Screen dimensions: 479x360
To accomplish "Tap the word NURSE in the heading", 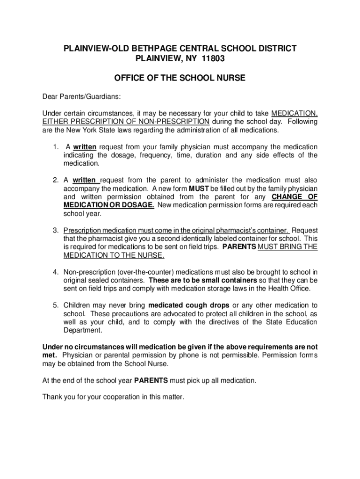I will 227,78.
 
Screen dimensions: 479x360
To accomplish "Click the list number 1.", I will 55,147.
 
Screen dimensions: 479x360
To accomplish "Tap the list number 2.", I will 55,180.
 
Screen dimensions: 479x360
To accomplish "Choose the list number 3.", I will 55,231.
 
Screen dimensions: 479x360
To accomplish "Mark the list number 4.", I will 55,272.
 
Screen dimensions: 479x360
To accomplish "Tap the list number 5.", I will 55,305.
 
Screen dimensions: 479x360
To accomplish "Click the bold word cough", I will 194,305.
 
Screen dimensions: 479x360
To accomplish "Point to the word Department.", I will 82,330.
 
